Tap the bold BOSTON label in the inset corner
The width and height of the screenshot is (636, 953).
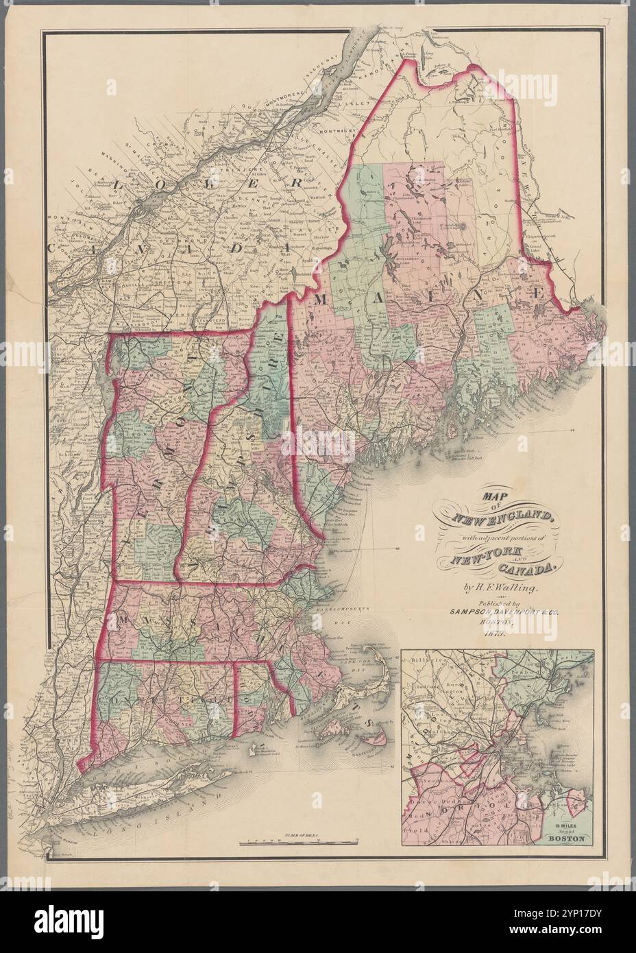click(568, 838)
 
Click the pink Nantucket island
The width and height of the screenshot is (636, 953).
click(376, 736)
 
